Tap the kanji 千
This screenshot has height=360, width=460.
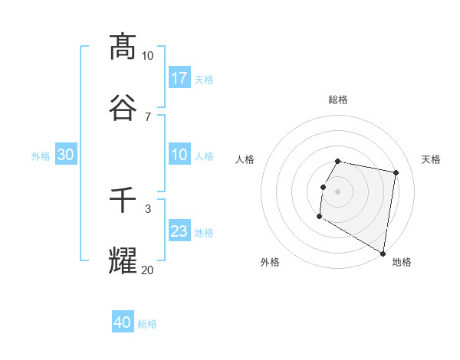point(123,201)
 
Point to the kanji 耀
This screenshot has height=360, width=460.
point(123,260)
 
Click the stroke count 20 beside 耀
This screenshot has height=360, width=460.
point(147,269)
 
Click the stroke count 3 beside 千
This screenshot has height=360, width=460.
point(147,208)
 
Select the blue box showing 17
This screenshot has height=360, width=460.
point(179,78)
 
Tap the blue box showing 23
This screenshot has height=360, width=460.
point(179,231)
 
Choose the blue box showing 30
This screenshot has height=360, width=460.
point(66,155)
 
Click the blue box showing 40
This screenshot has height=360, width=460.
point(123,322)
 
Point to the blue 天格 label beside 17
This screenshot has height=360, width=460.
point(204,79)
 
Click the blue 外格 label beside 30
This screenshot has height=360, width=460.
point(41,155)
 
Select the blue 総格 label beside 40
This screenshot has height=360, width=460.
point(147,323)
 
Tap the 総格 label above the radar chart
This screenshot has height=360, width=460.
point(338,100)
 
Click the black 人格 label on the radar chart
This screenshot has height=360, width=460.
point(245,159)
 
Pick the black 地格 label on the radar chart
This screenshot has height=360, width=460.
point(402,262)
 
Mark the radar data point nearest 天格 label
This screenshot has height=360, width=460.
point(396,173)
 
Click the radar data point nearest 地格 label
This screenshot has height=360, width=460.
point(383,254)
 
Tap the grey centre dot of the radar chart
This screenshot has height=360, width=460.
point(338,191)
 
